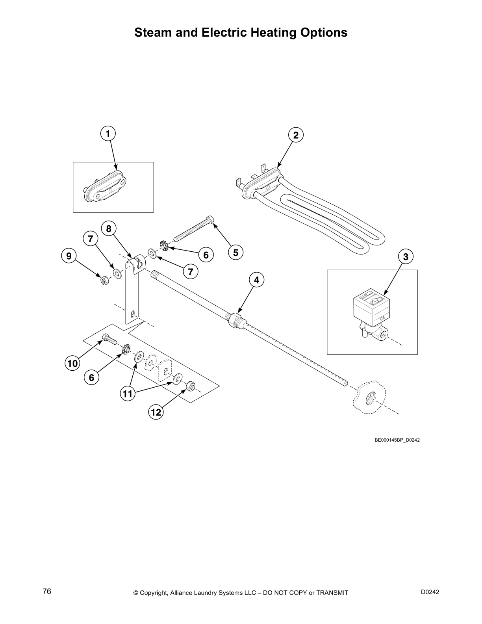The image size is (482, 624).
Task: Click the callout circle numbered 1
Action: click(x=108, y=134)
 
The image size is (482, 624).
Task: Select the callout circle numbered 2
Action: click(x=296, y=135)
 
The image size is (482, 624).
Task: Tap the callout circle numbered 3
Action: click(x=406, y=257)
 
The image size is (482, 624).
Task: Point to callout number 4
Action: click(x=256, y=280)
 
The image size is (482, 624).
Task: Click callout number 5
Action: click(x=235, y=253)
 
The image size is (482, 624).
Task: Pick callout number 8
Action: click(x=109, y=228)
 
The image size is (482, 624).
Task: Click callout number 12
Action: click(x=156, y=412)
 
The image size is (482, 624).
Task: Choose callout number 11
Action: click(x=127, y=394)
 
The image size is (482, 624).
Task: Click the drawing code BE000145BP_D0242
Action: click(x=397, y=440)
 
